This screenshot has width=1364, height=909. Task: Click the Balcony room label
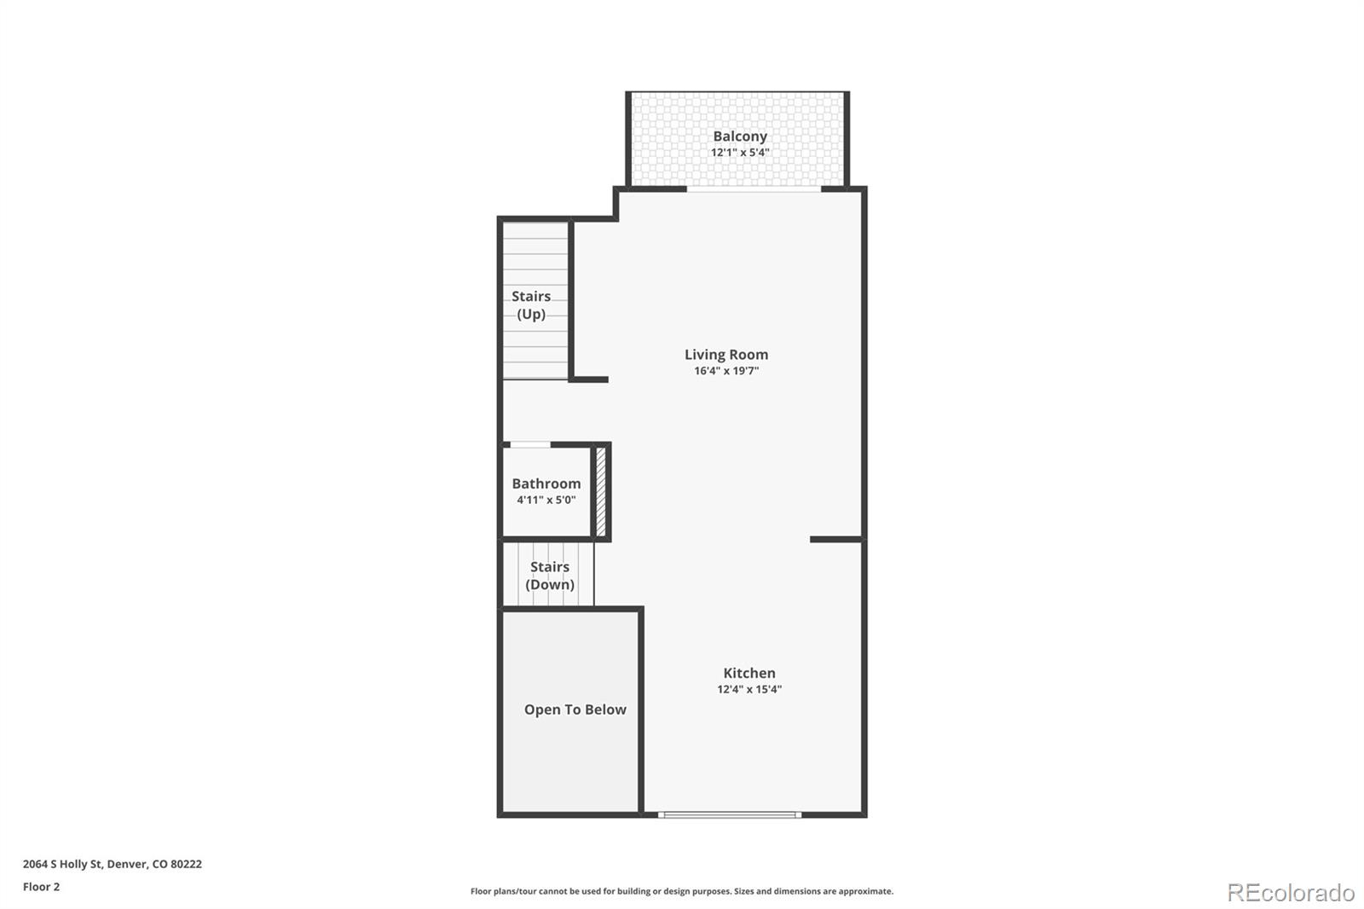(740, 136)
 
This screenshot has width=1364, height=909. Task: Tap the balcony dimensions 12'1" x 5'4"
(740, 153)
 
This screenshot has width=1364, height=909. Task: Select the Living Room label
(726, 354)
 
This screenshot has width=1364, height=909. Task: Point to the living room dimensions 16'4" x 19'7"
(726, 371)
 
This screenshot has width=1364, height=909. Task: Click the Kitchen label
(749, 673)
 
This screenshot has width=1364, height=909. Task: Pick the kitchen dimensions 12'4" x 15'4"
(749, 689)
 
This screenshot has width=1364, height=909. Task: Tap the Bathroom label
(546, 483)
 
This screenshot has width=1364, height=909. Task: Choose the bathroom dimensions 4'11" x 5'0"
(546, 500)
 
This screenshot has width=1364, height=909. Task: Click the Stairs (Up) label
(531, 305)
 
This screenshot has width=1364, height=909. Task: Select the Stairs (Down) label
(550, 576)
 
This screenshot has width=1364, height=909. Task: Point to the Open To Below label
(575, 709)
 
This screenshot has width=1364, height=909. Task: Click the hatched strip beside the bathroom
(600, 491)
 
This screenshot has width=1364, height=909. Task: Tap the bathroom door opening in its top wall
(529, 444)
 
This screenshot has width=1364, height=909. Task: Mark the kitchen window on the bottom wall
(730, 814)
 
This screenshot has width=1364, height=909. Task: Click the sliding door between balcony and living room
(754, 189)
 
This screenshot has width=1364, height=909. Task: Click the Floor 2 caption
(41, 887)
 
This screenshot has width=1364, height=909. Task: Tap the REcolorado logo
(1291, 892)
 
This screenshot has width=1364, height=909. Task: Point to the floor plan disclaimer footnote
(682, 891)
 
